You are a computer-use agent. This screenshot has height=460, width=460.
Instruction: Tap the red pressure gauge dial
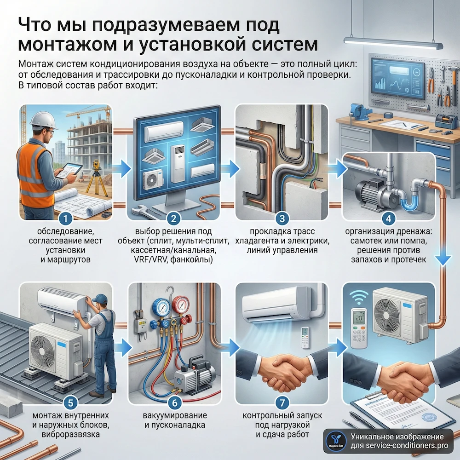click(x=184, y=305)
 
